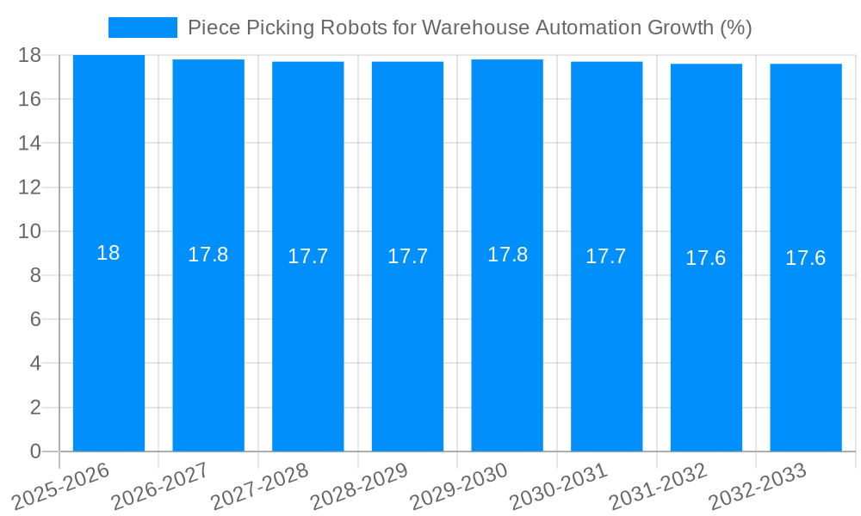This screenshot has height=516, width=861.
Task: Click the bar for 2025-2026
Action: pyautogui.click(x=108, y=344)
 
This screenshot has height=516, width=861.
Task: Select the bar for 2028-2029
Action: pyautogui.click(x=407, y=344)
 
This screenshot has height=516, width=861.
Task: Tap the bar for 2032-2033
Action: pyautogui.click(x=806, y=344)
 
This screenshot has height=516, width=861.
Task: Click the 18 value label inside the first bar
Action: pyautogui.click(x=108, y=253)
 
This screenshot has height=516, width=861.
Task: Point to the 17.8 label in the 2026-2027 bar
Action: pyautogui.click(x=208, y=255)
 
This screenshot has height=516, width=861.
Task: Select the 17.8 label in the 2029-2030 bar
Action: pyautogui.click(x=507, y=255)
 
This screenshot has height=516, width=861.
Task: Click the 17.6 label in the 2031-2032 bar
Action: pyautogui.click(x=706, y=258)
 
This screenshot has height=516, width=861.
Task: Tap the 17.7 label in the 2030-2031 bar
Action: pyautogui.click(x=606, y=256)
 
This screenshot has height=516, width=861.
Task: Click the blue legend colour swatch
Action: pyautogui.click(x=142, y=28)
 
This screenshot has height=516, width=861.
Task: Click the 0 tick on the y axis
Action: pyautogui.click(x=35, y=451)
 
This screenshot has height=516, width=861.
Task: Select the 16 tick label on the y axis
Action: pyautogui.click(x=29, y=99)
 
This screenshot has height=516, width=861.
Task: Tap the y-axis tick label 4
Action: pyautogui.click(x=35, y=363)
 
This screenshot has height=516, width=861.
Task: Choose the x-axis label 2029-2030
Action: pyautogui.click(x=459, y=487)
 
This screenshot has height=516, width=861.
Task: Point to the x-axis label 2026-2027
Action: pyautogui.click(x=160, y=487)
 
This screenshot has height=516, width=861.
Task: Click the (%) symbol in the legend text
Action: pyautogui.click(x=735, y=28)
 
